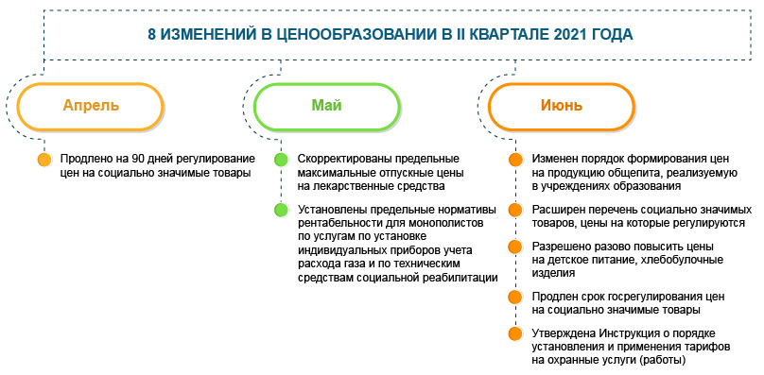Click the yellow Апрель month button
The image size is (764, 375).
(91, 106)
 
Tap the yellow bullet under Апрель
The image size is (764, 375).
(44, 160)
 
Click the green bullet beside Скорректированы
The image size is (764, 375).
(280, 160)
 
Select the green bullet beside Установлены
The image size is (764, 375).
(280, 209)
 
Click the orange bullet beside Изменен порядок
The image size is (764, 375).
(515, 160)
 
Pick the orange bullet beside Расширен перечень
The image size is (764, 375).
(515, 209)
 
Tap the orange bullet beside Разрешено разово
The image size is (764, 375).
(515, 247)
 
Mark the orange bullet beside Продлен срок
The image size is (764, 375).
(515, 297)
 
